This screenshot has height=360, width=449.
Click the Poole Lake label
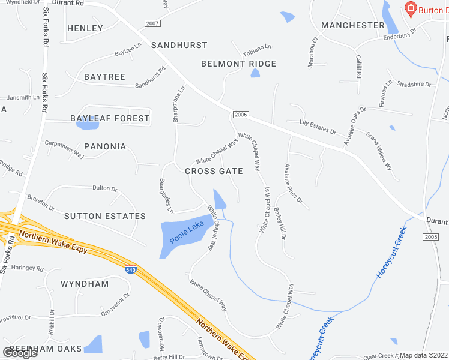pos(187,232)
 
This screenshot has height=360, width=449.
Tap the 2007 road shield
pos(153,23)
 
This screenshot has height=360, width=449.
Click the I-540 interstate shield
pos(130,269)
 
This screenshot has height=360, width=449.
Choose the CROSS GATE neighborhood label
pos(214,171)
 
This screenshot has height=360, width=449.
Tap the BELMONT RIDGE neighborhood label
pos(238,64)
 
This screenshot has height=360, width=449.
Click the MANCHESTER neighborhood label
pos(352,25)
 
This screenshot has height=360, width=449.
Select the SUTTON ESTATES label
pos(104,216)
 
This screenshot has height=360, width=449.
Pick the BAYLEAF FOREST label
pos(110,118)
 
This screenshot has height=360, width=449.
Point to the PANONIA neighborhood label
pos(105,146)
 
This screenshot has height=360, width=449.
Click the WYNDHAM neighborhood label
pos(85,284)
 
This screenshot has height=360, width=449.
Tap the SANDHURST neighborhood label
pos(179,45)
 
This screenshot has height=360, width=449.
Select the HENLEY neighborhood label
pos(85,28)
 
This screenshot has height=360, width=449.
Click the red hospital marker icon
pos(411,8)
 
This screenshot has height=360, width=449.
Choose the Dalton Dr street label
pos(105,188)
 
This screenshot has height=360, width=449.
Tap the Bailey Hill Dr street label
pos(280,222)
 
